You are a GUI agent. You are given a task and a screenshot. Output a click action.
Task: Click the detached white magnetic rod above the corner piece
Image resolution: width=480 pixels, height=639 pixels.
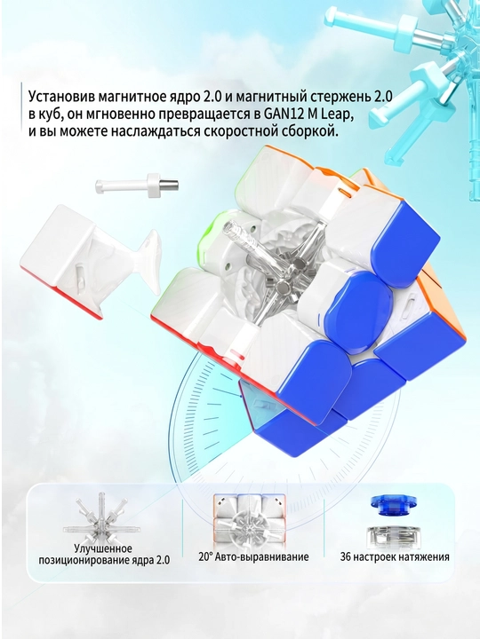pos(137,184)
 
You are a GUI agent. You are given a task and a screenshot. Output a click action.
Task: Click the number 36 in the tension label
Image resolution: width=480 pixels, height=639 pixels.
pos(347,556)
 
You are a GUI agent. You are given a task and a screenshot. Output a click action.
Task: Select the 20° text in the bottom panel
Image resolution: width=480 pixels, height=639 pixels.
pos(205,556)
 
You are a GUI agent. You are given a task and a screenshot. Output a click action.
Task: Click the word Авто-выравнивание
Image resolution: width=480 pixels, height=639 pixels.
pos(262,557)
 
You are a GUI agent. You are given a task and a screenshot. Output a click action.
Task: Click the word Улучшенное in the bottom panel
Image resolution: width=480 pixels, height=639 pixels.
pos(103,549)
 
